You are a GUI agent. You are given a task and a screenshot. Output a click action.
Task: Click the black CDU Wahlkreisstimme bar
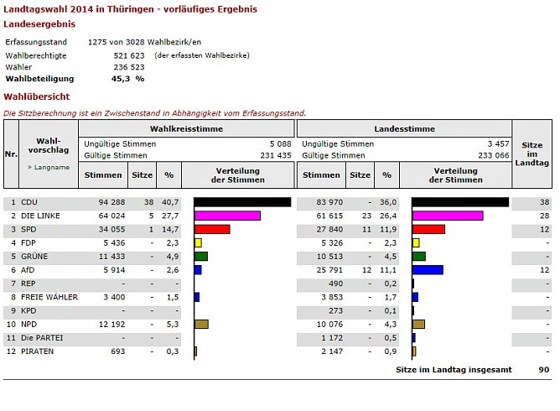pos(242,202)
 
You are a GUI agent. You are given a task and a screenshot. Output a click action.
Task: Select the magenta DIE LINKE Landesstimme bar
pos(448,216)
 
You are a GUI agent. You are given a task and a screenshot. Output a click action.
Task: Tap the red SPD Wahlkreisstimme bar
pos(212,229)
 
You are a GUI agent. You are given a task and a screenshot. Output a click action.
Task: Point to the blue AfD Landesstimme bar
pos(428,270)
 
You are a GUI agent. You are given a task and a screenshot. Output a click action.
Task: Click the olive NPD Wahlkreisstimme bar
pos(201,324)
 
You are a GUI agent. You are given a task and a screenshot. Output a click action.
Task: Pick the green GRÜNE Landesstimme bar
pos(419,256)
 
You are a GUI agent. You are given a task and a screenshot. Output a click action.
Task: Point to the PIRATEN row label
pos(38,351)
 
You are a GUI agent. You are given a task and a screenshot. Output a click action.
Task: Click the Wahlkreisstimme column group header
pos(186,128)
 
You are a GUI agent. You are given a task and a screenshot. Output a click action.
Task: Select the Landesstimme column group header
pos(404,128)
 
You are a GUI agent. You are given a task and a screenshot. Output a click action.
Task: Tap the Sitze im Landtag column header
pos(532,153)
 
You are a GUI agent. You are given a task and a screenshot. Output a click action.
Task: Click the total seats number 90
pos(544,369)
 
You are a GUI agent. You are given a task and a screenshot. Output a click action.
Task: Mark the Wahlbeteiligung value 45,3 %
pos(127,78)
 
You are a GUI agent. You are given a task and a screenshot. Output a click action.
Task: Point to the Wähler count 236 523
pos(129,66)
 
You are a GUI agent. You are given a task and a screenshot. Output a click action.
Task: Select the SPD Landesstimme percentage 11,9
pos(386,229)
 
